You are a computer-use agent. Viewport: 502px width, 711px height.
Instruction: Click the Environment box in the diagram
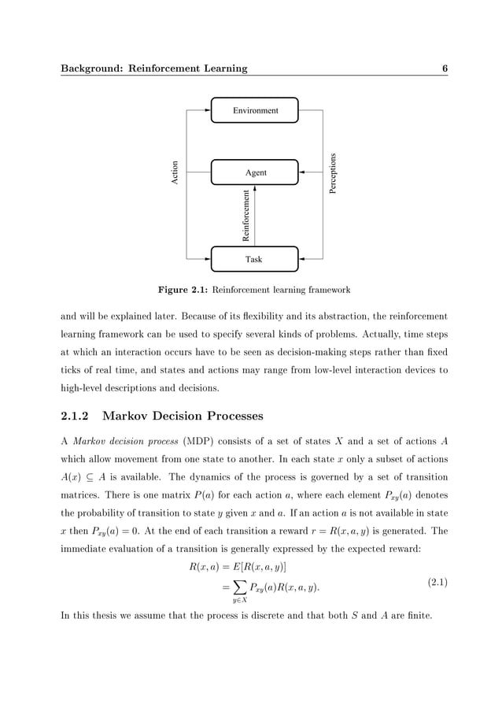coord(255,110)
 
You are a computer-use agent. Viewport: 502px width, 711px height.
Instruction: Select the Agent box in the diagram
coord(255,172)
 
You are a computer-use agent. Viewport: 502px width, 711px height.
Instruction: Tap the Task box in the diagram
coord(255,259)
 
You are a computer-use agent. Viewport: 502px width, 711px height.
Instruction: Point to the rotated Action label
coord(175,172)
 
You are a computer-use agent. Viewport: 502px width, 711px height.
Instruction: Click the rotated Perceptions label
coord(333,175)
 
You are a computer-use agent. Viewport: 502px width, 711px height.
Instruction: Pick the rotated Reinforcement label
coord(246,215)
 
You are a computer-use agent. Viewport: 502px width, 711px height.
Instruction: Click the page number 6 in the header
coord(445,69)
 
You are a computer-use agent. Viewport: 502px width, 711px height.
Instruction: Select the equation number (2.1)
coord(437,583)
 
